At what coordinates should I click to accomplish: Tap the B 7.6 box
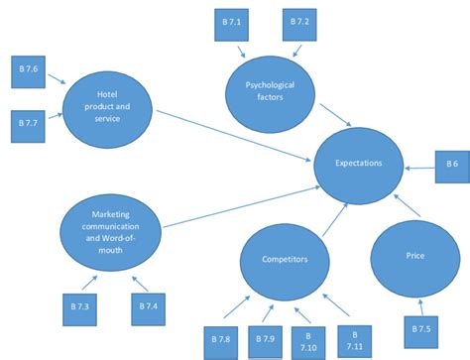point(28,71)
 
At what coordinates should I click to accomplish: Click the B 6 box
point(451,166)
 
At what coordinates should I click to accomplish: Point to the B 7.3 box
point(80,307)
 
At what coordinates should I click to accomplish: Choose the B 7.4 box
point(148,307)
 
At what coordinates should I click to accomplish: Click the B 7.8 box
point(221,340)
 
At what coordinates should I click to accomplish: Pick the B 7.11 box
point(353,340)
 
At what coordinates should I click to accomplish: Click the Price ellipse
point(414,257)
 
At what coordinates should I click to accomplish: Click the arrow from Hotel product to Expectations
point(233,132)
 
